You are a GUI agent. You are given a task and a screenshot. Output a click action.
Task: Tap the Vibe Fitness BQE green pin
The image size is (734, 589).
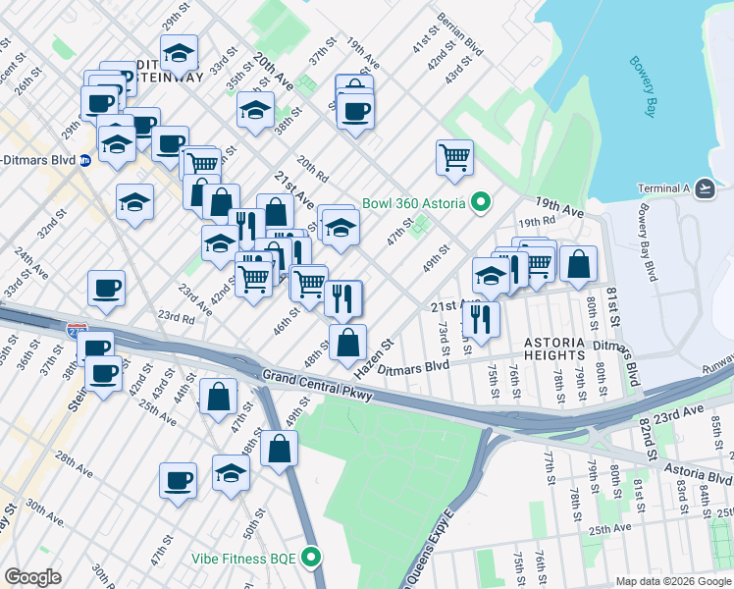(312, 558)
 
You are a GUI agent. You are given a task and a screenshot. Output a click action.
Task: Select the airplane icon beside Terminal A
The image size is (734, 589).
(705, 187)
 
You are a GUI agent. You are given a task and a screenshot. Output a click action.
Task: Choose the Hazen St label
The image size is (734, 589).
(373, 354)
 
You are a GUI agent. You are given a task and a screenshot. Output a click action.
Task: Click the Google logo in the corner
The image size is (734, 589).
(32, 577)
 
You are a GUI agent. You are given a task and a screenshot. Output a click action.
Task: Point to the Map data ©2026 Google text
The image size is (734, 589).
(674, 581)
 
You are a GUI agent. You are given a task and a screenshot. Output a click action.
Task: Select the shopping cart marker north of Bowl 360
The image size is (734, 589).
(454, 156)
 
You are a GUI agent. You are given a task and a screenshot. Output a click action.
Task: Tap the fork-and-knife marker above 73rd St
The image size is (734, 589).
(480, 317)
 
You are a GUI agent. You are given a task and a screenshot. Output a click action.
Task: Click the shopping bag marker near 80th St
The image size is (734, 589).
(579, 262)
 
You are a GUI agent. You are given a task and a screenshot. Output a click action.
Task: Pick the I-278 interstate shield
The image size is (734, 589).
(78, 333)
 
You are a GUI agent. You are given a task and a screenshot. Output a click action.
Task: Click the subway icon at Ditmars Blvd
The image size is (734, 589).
(85, 160)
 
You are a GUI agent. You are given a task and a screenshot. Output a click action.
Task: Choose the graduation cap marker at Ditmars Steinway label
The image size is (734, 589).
(179, 52)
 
